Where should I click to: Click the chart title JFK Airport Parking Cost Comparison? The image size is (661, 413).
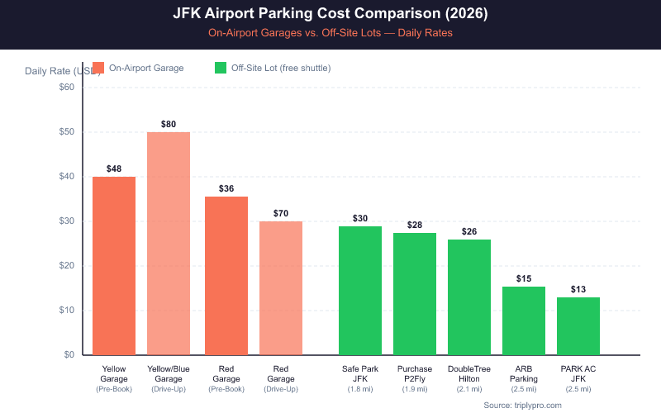[x=330, y=14]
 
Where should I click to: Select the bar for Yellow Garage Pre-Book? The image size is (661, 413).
[x=114, y=265]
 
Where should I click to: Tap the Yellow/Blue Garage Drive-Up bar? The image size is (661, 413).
[x=169, y=243]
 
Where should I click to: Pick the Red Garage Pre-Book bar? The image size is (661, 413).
[x=226, y=275]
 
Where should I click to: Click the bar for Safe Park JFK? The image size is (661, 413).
[x=360, y=290]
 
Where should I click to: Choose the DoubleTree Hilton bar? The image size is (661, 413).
[x=469, y=297]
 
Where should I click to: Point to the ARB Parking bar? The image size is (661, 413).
[x=524, y=320]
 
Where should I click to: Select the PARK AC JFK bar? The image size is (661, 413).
[x=578, y=325]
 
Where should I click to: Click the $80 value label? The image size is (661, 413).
[x=169, y=124]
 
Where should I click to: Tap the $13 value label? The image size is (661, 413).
[x=578, y=289]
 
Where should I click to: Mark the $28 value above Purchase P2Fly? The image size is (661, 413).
[x=415, y=225]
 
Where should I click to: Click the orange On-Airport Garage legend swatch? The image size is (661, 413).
[x=98, y=68]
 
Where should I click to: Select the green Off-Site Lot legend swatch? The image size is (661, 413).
[x=221, y=68]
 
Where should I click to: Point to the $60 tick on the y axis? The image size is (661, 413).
[x=66, y=88]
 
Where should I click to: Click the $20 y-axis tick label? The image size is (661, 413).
[x=66, y=266]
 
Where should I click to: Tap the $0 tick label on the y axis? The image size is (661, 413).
[x=69, y=355]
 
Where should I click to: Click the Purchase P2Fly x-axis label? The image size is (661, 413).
[x=415, y=373]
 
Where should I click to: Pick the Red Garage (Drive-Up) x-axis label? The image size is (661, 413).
[x=281, y=378]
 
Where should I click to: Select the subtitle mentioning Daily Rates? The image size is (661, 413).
[x=330, y=34]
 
